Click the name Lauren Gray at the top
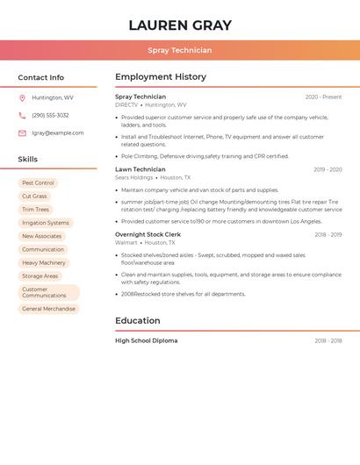point(180,25)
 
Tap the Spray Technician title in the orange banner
point(180,50)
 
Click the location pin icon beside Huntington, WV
point(22,97)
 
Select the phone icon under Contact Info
point(22,115)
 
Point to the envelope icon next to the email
point(22,132)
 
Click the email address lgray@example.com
point(58,132)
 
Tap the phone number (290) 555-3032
point(50,115)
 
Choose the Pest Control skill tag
point(38,182)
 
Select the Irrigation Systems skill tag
point(46,223)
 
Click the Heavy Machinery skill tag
point(44,262)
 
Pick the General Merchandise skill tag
point(49,309)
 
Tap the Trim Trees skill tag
point(36,210)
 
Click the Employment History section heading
point(161,77)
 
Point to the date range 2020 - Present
point(323,97)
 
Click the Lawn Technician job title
point(140,169)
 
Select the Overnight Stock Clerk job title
point(148,234)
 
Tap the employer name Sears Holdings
point(134,177)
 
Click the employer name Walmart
point(126,242)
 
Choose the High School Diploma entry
point(146,340)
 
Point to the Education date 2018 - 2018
point(328,340)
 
